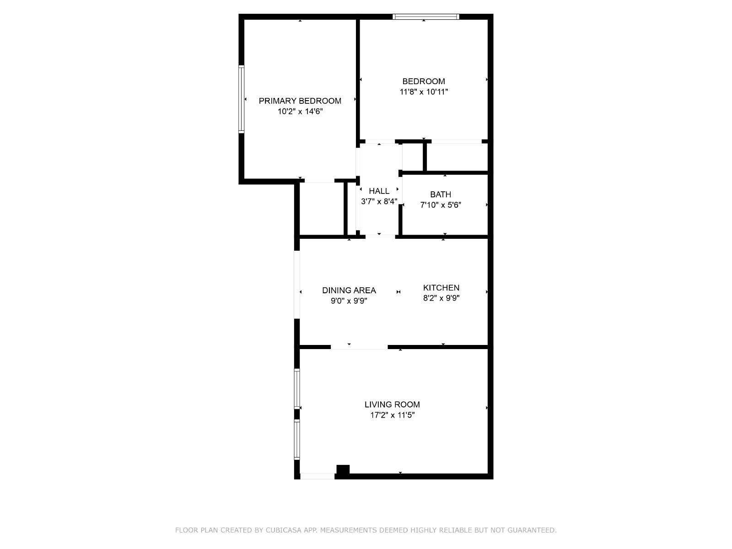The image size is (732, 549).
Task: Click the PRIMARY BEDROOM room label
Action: click(x=300, y=101)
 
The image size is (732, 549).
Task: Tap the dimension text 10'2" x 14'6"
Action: click(x=300, y=111)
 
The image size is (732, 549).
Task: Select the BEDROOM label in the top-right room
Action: click(x=424, y=81)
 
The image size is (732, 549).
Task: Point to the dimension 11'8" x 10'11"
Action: click(x=424, y=91)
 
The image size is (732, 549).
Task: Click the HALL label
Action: click(x=379, y=191)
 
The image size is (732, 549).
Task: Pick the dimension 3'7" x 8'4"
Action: click(x=379, y=201)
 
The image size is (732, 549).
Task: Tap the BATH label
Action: click(x=441, y=194)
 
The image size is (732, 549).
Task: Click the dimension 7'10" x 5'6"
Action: click(x=441, y=205)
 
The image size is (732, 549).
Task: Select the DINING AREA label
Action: click(x=349, y=291)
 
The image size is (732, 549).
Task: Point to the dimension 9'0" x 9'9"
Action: click(x=349, y=301)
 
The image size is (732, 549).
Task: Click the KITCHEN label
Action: click(x=441, y=288)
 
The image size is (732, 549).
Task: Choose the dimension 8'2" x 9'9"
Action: click(x=441, y=298)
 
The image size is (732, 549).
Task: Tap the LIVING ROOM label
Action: click(x=392, y=404)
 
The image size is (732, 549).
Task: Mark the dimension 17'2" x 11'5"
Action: click(x=392, y=415)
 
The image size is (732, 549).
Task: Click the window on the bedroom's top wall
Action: click(x=426, y=16)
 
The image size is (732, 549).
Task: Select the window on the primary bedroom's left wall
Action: click(x=242, y=99)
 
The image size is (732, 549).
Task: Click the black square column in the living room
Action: click(x=343, y=469)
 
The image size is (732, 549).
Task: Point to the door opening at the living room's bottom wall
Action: click(x=318, y=476)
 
